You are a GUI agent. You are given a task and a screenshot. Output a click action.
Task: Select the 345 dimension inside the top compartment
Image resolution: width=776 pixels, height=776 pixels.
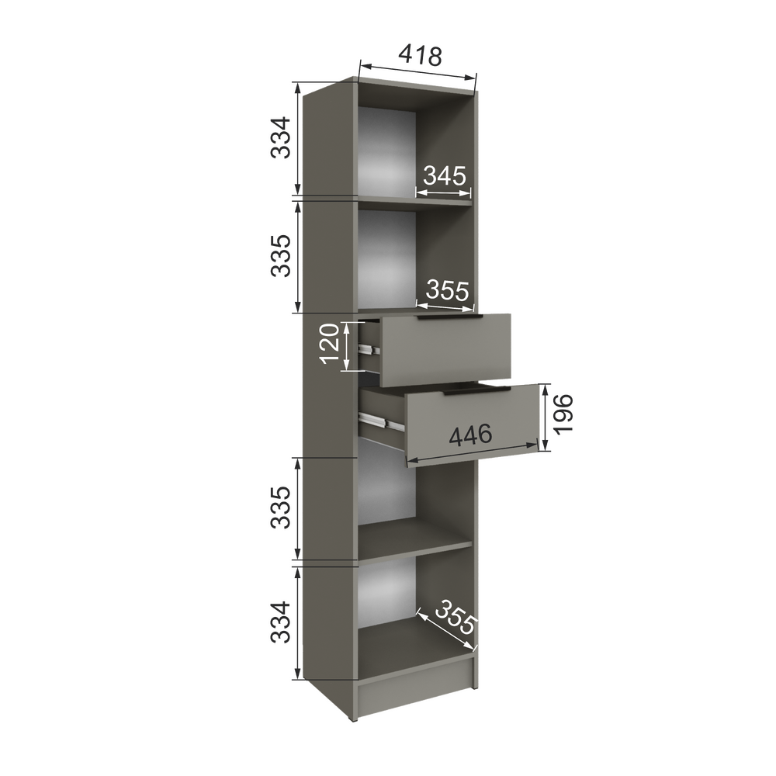[x=445, y=175]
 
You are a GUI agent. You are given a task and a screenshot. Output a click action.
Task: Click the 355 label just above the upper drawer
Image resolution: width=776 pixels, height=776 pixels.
[x=447, y=290]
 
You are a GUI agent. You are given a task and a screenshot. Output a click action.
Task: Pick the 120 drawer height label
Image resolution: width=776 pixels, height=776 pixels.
[x=330, y=344]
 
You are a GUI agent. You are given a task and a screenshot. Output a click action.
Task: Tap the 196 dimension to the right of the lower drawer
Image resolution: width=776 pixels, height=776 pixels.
[x=563, y=414]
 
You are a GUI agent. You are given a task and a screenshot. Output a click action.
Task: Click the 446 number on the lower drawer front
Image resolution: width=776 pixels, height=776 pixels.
[x=470, y=435]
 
